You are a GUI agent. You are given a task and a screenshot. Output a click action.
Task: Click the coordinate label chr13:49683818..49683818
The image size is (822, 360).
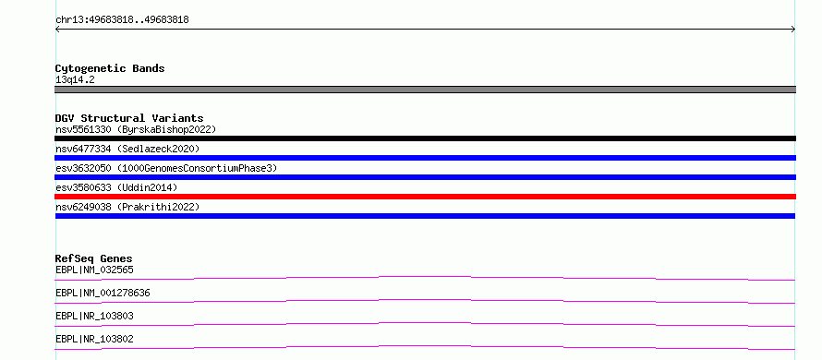(x=122, y=20)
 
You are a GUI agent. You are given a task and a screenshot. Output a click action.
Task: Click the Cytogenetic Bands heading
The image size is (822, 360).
(x=110, y=68)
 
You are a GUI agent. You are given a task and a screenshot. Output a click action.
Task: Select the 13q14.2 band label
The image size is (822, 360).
(x=75, y=80)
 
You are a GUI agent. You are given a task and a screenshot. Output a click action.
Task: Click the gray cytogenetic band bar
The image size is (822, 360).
(x=425, y=90)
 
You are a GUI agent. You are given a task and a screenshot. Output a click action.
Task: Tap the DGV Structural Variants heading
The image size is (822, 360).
(x=129, y=118)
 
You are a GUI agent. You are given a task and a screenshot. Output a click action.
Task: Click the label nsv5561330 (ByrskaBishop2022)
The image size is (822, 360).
(x=136, y=129)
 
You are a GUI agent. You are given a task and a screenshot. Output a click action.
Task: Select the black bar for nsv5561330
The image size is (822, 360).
(x=425, y=138)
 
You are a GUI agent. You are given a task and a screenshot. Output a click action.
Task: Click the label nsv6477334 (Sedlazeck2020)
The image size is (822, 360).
(x=127, y=149)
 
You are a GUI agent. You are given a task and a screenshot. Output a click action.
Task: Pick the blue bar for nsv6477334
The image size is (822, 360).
(x=425, y=158)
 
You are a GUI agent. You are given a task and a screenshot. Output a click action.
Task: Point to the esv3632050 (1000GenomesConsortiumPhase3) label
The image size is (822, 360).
(x=166, y=168)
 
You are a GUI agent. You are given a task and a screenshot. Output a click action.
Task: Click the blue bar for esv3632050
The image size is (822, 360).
(x=425, y=177)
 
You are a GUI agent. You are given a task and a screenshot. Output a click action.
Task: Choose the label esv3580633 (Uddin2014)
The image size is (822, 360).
(x=116, y=187)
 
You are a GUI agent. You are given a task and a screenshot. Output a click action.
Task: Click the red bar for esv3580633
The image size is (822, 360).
(x=425, y=197)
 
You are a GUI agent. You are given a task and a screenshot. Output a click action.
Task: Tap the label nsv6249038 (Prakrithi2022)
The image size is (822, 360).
(x=127, y=207)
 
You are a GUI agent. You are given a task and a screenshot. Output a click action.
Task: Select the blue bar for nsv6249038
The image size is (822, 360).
(x=425, y=216)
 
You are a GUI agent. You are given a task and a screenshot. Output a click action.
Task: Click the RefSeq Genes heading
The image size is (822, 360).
(x=94, y=258)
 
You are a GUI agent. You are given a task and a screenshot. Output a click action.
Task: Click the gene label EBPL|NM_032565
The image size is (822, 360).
(x=94, y=270)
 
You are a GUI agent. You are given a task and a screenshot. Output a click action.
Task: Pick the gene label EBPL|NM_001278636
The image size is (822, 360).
(x=103, y=293)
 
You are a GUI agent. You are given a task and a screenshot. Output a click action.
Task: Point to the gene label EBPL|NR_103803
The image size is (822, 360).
(x=94, y=316)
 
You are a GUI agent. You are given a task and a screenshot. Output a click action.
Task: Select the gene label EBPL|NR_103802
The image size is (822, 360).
(x=94, y=339)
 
